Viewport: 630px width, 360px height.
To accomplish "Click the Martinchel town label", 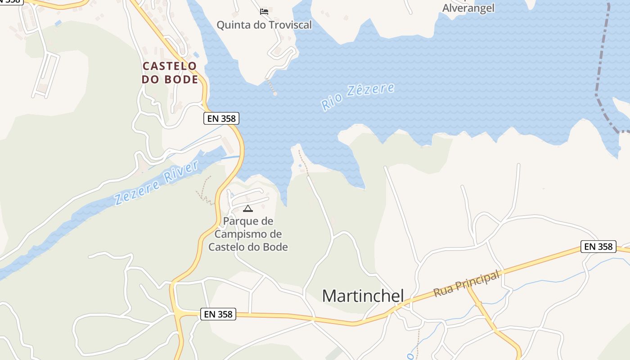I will pyautogui.click(x=363, y=296).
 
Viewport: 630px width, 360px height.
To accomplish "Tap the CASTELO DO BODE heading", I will pyautogui.click(x=170, y=73).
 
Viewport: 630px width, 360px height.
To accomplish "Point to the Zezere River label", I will pyautogui.click(x=156, y=182).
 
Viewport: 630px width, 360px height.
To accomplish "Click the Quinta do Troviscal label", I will pyautogui.click(x=264, y=25).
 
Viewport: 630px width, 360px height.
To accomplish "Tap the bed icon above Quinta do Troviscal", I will pyautogui.click(x=264, y=11).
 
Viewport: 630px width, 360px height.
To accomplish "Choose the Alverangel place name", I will pyautogui.click(x=468, y=8).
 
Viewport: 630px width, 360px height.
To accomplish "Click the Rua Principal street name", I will pyautogui.click(x=467, y=284).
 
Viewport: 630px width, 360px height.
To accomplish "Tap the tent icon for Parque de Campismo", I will pyautogui.click(x=247, y=208).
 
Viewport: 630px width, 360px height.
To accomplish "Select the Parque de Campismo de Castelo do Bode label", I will pyautogui.click(x=248, y=234).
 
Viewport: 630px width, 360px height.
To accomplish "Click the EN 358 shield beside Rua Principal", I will pyautogui.click(x=598, y=247).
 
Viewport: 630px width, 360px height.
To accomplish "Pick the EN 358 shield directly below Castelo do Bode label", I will pyautogui.click(x=221, y=118).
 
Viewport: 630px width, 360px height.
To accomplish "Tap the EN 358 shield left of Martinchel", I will pyautogui.click(x=218, y=314).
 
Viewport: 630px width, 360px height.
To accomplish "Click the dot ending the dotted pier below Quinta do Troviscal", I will pyautogui.click(x=275, y=94).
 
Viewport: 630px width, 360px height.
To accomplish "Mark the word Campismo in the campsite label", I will pyautogui.click(x=248, y=234).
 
